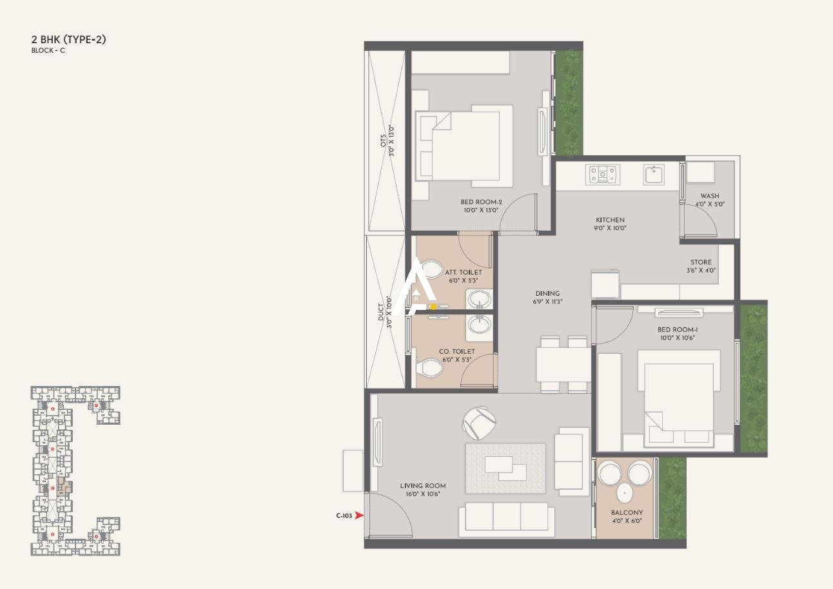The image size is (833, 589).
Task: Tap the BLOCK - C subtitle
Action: pos(48,50)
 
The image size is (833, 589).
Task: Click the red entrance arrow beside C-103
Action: pos(359,516)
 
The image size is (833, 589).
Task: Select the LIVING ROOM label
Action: pos(422,486)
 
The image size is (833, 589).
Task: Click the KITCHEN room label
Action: pos(609,220)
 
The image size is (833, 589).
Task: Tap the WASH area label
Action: pos(710,196)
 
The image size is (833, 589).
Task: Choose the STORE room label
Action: pos(701,262)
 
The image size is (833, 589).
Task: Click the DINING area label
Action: pos(546,293)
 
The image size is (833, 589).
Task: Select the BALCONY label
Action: pos(627,513)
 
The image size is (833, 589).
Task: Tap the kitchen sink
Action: pos(653,174)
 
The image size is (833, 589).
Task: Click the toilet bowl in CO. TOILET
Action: pos(429,368)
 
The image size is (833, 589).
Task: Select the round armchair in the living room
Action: pos(479,422)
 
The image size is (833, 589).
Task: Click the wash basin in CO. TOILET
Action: pos(478,324)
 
